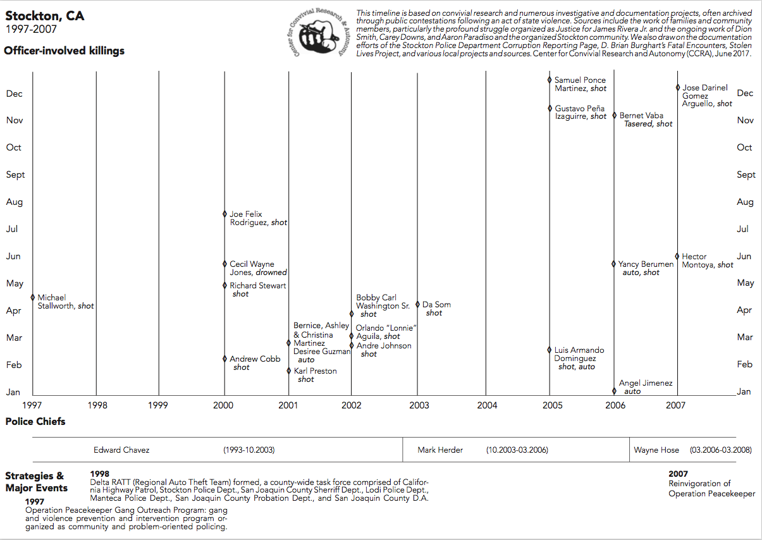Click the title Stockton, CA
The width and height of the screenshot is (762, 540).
[44, 16]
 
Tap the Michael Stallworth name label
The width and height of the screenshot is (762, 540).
[65, 302]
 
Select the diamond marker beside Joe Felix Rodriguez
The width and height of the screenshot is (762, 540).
[224, 214]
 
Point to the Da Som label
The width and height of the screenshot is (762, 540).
[436, 305]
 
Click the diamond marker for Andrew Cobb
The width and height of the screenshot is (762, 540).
[224, 359]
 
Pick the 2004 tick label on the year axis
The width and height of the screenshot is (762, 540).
[486, 405]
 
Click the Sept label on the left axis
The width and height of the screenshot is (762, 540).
[16, 175]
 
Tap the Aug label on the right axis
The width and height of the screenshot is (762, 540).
[745, 202]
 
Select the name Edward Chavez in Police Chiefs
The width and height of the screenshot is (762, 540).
[121, 450]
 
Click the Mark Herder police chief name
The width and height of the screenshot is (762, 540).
[440, 450]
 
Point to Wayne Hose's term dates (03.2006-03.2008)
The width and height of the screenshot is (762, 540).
[720, 450]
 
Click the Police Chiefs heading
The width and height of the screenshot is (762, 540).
[35, 422]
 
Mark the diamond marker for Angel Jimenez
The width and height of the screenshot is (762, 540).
[614, 391]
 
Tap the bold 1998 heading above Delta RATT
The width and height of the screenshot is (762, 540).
[100, 474]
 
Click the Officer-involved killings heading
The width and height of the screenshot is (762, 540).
[65, 51]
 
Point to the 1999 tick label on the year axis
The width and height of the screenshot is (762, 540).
[158, 405]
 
